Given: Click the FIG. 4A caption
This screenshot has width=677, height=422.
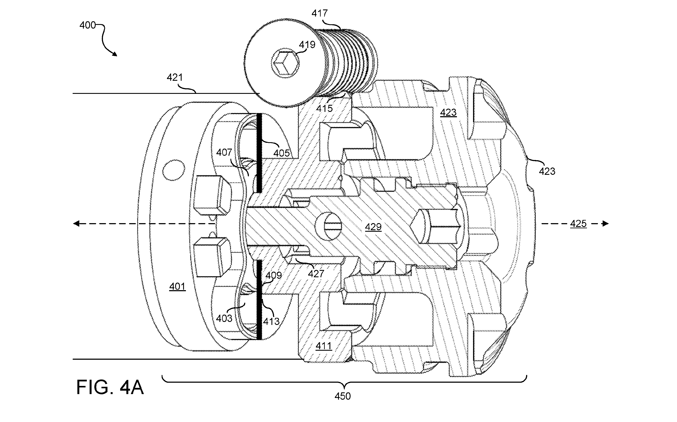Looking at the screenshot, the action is pos(110,387).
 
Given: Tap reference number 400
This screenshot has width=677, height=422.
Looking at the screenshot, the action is pos(88,25).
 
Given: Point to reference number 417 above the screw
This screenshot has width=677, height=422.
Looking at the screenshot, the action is pos(320,13).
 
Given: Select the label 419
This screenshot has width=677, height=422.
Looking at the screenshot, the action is pos(307,45).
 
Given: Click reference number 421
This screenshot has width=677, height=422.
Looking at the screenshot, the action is pos(175,77).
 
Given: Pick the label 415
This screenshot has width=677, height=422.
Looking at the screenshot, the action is pos(325,108).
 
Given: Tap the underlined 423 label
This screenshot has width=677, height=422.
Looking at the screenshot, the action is pos(448,113).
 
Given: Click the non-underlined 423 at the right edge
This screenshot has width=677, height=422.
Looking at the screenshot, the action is pos(547,171).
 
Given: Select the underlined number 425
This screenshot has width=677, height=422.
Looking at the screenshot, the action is pos(578,224).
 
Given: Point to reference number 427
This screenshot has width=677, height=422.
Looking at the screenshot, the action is pos(316,274).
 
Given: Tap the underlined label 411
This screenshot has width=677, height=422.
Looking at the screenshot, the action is pos(324,346).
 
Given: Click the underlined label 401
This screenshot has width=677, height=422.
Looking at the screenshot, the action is pos(177,287).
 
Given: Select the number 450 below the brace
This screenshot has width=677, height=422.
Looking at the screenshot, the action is pos(342,396).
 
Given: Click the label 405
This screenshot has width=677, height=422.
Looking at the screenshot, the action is pos(281,153).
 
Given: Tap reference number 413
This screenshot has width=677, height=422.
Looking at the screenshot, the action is pos(271,321).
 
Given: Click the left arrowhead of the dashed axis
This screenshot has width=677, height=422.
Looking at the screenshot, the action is pos(76,223).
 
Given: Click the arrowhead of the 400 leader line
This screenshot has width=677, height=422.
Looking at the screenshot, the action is pos(115,54).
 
